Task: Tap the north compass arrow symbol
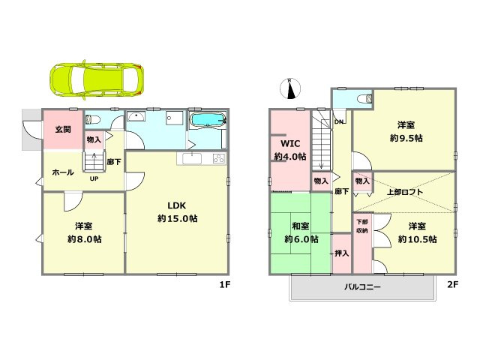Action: pos(289,88)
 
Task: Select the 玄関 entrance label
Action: pos(62,129)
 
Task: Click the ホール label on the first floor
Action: pos(62,172)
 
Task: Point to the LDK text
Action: pos(177,205)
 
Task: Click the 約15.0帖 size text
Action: pos(177,218)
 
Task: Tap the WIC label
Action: pos(289,143)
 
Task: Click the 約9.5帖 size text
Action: pos(406,138)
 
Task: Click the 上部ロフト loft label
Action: pos(405,192)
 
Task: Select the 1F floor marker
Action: pos(223,285)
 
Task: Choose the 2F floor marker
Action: pos(452,285)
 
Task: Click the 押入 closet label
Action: pos(341,253)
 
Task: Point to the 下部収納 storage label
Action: pos(362,226)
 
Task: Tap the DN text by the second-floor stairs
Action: pos(339,122)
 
